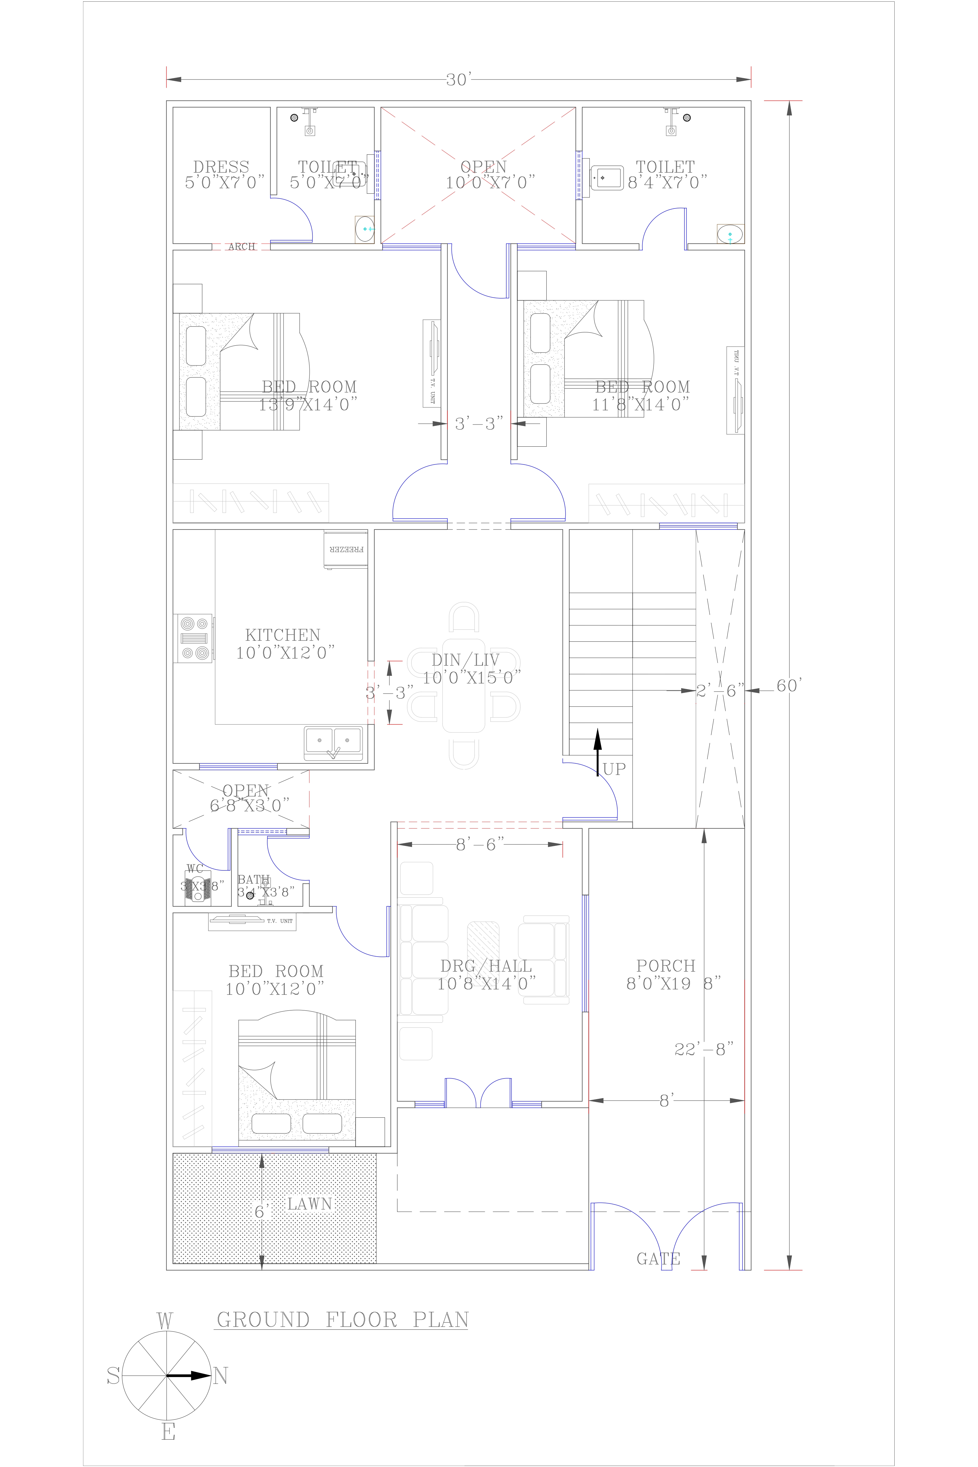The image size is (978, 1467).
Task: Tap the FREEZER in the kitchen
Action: pos(346,550)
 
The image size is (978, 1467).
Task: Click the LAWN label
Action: pos(309,1204)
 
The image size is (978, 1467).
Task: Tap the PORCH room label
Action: pos(666,966)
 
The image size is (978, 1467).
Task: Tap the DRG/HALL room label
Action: pos(486,966)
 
